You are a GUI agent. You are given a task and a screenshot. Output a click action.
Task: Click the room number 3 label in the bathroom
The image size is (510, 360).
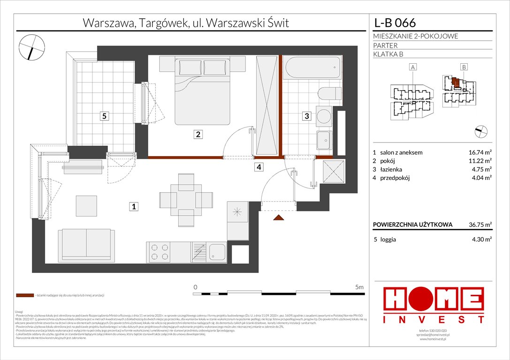[306, 116]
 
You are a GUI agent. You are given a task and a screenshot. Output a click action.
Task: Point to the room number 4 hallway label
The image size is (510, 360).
[259, 166]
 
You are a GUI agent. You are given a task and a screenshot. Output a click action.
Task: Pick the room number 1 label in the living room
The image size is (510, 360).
[134, 206]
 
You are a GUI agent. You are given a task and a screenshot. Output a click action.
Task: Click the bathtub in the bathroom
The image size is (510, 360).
[312, 68]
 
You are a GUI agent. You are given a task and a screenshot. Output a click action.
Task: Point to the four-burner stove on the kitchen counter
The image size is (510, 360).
[159, 253]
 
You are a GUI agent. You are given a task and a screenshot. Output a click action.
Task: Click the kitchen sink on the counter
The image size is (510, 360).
[218, 253]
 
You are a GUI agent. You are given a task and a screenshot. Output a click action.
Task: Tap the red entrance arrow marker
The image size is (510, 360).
[278, 217]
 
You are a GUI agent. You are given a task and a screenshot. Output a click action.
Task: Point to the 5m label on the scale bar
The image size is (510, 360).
[359, 286]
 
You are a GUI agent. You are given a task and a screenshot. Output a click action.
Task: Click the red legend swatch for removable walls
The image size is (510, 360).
[24, 296]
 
